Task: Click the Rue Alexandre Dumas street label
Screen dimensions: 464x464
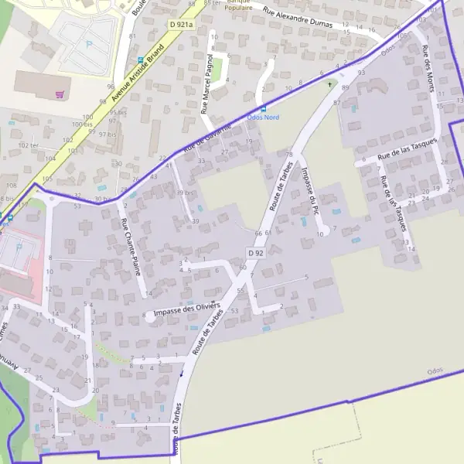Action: [298, 18]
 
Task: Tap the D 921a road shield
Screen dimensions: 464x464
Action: [180, 25]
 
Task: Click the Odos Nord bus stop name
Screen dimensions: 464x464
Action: [263, 117]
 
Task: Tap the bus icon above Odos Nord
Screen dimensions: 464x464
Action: [263, 108]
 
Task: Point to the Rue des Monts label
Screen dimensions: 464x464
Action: [429, 70]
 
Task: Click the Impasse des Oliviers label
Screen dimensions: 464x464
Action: [183, 311]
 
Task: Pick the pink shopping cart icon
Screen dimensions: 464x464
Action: [59, 94]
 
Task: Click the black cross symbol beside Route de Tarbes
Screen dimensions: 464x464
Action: [329, 84]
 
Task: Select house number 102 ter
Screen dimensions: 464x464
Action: [29, 145]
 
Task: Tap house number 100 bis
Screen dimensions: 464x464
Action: [82, 124]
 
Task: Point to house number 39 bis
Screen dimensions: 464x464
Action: [185, 193]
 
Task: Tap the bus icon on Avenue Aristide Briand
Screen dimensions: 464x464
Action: [139, 60]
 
